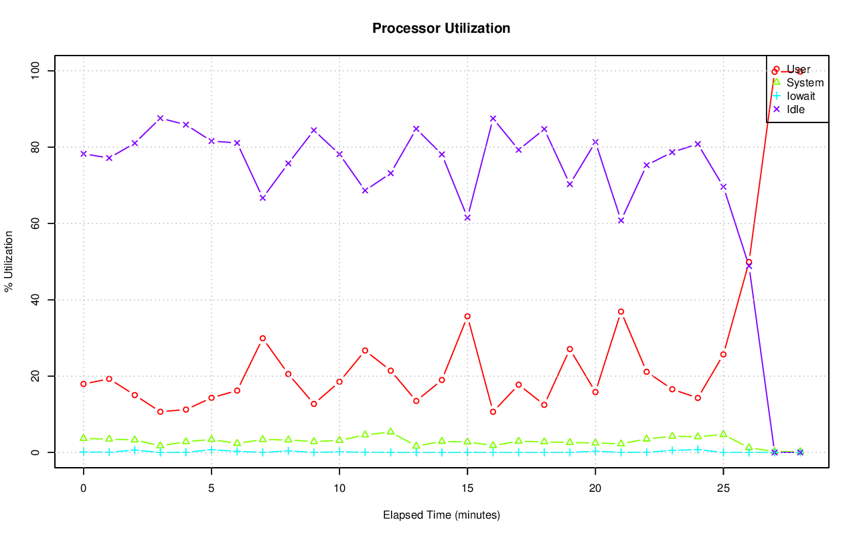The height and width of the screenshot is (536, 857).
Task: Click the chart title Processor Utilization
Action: tap(441, 28)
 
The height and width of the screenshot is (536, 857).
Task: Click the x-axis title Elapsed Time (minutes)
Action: tap(441, 515)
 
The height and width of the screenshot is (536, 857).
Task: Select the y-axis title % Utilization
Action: tap(9, 262)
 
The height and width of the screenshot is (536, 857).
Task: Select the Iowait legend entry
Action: tap(800, 96)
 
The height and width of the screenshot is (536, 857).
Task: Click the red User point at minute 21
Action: tap(621, 312)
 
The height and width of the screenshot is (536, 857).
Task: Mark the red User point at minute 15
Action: tap(467, 317)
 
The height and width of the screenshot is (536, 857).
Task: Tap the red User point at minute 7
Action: tap(262, 339)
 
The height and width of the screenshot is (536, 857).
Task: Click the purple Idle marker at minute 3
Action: tap(160, 118)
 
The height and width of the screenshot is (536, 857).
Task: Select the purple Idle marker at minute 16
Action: tap(493, 118)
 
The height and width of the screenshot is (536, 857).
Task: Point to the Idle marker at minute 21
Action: tap(621, 220)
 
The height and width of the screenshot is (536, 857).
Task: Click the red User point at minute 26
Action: tap(749, 262)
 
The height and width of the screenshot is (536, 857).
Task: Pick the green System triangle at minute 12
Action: tap(390, 432)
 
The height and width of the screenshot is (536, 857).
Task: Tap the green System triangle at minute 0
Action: tap(84, 438)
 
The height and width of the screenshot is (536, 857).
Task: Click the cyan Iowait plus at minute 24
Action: tap(698, 450)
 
